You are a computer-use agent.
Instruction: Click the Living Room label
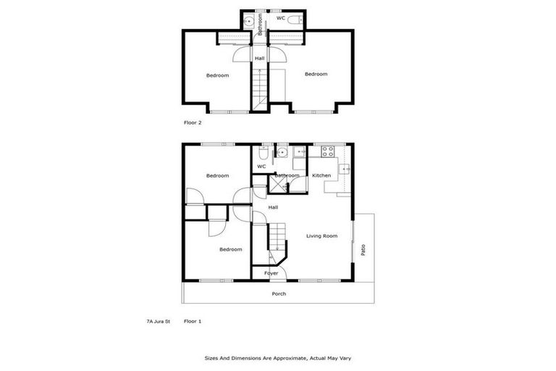pos(321,235)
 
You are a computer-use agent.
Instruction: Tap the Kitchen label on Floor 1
pos(321,175)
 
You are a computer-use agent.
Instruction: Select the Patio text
pos(363,249)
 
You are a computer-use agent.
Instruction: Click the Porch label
pos(279,293)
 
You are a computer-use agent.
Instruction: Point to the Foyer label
pos(271,273)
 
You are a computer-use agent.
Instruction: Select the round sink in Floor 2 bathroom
pos(248,22)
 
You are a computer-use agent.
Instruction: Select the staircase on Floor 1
pos(277,239)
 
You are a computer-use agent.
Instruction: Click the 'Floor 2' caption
pos(193,122)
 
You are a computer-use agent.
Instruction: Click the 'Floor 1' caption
pos(193,320)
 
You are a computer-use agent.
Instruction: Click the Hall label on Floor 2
pos(259,58)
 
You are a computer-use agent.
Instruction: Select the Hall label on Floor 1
pos(273,207)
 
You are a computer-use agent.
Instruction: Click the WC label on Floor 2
pos(279,18)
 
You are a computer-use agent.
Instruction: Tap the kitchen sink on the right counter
pos(346,170)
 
